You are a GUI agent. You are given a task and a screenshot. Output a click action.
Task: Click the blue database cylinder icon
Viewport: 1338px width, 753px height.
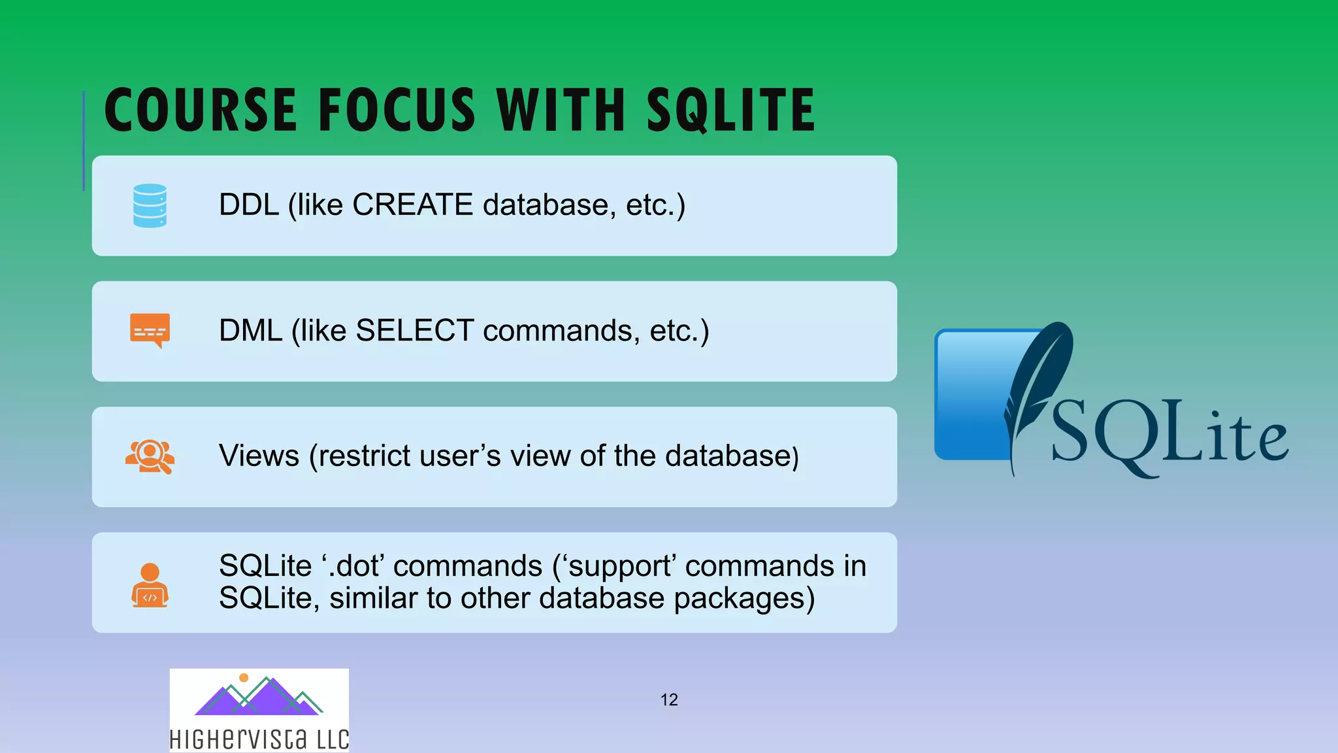(x=150, y=205)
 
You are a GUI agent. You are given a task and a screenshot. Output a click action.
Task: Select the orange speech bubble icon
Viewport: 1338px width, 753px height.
(x=150, y=330)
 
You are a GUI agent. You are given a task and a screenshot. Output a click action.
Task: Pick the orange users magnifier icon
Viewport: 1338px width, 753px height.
(x=150, y=456)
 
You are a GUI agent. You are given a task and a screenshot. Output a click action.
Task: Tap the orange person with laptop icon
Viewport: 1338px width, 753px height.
(x=150, y=585)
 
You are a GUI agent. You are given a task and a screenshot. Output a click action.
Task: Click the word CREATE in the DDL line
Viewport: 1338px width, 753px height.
(x=412, y=205)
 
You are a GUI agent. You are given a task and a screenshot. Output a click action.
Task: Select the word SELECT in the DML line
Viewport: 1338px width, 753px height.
(x=414, y=331)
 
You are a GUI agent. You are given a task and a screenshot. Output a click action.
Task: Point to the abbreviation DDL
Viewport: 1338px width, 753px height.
(x=248, y=205)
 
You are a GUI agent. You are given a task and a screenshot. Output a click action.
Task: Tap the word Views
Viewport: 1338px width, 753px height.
(x=259, y=456)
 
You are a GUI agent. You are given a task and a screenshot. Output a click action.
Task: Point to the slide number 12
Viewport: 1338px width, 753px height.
(x=669, y=700)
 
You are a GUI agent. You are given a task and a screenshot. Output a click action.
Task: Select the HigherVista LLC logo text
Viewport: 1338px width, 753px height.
(x=259, y=739)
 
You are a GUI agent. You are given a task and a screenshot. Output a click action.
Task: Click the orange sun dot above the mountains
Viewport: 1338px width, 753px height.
(x=244, y=678)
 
